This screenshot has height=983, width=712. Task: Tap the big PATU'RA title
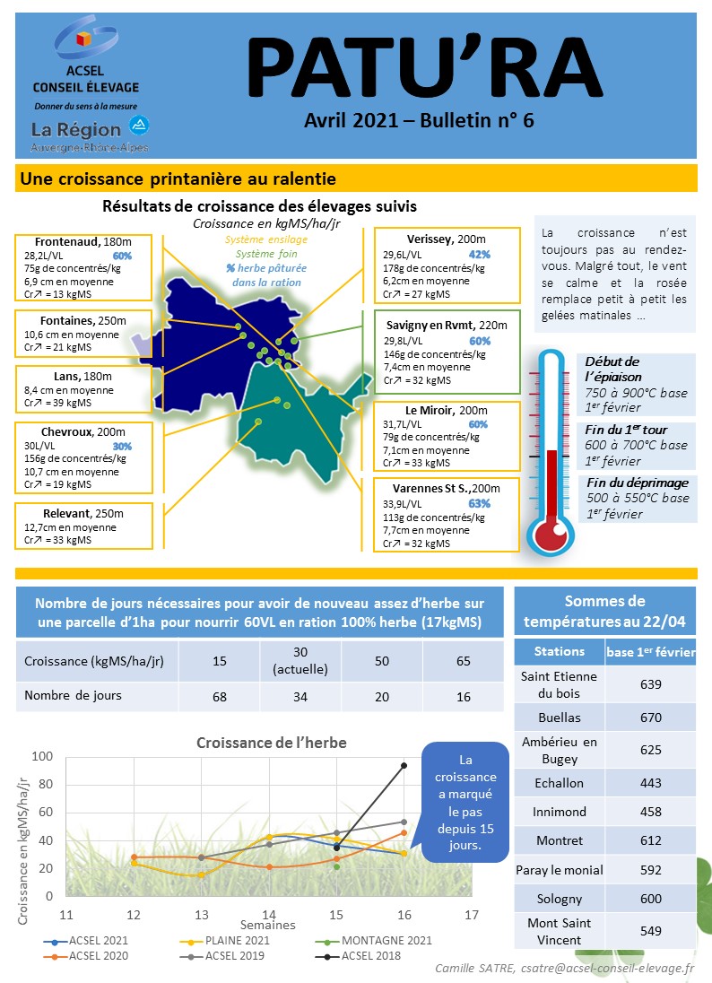tap(425, 67)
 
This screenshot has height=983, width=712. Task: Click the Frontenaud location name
tap(67, 242)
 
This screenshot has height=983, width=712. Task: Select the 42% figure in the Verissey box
tap(480, 255)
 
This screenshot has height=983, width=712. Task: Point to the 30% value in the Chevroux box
tap(122, 447)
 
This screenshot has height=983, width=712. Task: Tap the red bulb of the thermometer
tap(551, 533)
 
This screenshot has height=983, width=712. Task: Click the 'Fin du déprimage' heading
tap(638, 483)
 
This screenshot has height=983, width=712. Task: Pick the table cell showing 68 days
tap(220, 697)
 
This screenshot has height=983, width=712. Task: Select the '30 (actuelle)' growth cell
tap(300, 661)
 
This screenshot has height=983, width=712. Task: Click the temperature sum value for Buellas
tap(651, 718)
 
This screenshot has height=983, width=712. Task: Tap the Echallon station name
tap(559, 783)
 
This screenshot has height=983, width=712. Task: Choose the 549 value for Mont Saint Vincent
tap(651, 931)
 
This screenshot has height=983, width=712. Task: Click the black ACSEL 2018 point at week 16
tap(404, 765)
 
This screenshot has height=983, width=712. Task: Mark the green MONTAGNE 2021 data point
tap(336, 867)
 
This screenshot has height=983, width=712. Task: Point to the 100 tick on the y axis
tap(42, 756)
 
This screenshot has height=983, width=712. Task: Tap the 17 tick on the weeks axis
tap(472, 915)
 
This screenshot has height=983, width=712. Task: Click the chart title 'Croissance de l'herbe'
tap(272, 743)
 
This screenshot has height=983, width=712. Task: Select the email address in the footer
tap(607, 969)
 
